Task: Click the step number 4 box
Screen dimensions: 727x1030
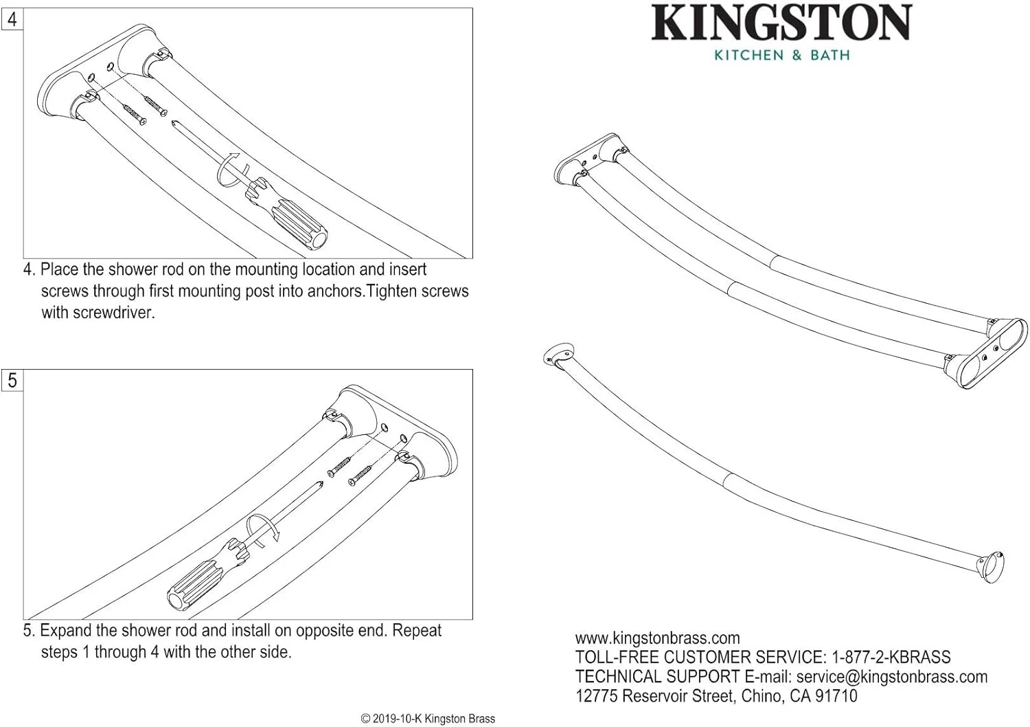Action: point(12,19)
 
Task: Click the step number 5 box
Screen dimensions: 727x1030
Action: point(12,380)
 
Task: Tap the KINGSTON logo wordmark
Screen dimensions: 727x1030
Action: point(781,23)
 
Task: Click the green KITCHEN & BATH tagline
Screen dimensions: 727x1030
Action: point(781,55)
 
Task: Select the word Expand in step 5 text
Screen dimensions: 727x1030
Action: point(66,631)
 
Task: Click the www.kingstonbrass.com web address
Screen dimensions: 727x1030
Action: point(657,638)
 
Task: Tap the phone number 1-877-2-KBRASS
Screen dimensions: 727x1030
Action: point(891,658)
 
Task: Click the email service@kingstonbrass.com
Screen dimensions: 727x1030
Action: point(891,677)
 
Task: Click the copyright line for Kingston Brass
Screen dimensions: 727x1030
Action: point(428,719)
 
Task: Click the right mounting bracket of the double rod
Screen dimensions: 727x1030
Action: point(992,353)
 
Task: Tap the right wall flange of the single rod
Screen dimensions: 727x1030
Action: point(992,568)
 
